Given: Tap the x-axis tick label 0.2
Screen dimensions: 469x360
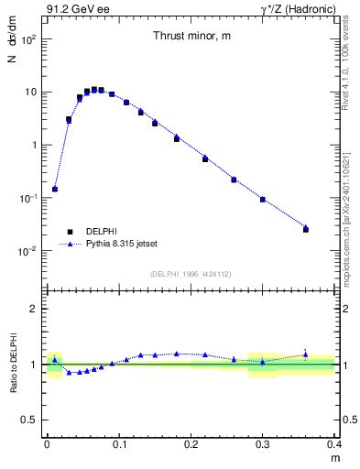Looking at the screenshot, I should point(191,442).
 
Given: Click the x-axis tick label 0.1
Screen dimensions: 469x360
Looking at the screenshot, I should point(119,442).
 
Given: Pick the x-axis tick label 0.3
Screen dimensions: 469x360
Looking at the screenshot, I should point(263,442).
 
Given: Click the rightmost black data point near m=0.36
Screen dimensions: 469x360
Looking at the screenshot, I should point(306,229).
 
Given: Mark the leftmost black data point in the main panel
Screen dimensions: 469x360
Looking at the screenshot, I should point(55,189).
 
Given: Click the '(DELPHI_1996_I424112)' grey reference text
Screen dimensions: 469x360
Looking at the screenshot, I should point(191,273).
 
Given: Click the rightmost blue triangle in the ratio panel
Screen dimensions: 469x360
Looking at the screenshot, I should point(306,354).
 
